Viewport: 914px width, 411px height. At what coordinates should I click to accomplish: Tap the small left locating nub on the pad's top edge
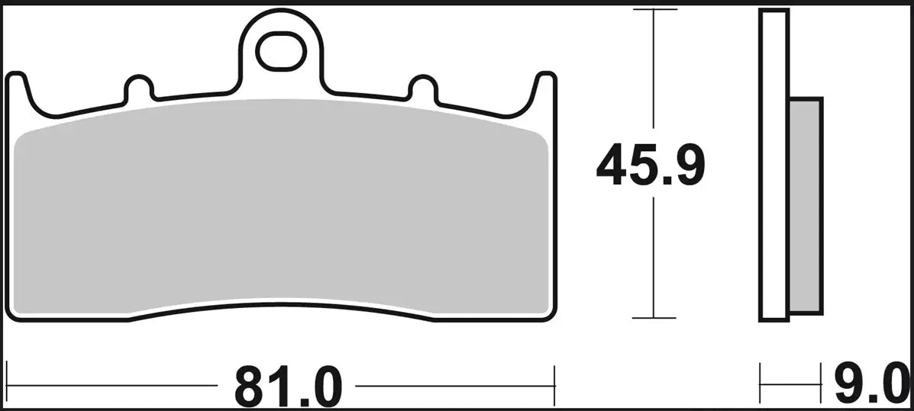point(138,88)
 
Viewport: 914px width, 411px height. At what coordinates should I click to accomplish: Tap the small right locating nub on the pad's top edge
point(422,88)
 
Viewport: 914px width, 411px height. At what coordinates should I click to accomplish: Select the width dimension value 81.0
point(287,387)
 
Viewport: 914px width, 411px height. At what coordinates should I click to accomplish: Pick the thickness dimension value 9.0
point(870,387)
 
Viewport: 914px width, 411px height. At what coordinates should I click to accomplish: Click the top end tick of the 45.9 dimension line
point(654,10)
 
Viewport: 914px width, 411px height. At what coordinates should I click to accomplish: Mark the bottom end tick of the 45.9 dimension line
point(654,318)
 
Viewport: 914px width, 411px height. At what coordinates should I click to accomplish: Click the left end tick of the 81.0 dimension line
point(7,386)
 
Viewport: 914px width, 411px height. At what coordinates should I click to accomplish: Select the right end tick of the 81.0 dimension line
point(554,386)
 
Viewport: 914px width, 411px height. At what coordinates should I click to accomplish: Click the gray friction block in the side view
point(805,206)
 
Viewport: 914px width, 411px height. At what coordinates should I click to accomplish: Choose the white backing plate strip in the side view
point(774,165)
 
